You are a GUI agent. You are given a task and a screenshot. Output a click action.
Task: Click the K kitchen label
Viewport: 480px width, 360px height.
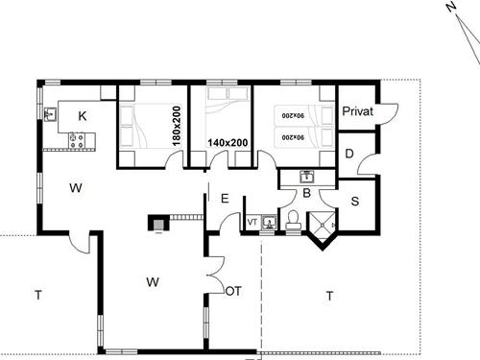pos(83,116)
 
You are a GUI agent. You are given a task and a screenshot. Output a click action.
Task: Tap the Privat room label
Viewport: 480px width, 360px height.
pos(358,112)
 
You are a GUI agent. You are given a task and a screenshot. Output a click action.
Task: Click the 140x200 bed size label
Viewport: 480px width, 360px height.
pos(228,143)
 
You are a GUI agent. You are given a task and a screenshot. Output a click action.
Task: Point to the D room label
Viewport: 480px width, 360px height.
pos(349,154)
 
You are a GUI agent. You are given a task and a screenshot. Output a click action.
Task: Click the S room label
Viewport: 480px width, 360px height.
pos(354,202)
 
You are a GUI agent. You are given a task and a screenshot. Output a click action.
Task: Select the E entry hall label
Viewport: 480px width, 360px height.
pos(224,199)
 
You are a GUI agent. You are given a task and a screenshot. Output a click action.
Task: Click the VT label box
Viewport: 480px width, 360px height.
pos(252,223)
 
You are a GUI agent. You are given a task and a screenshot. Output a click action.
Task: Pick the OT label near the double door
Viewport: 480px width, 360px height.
pos(232,289)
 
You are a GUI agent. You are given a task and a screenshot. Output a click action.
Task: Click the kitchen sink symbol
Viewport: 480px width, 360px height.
pos(50,115)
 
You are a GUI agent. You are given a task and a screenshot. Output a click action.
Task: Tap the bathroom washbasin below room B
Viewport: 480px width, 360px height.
pos(306,178)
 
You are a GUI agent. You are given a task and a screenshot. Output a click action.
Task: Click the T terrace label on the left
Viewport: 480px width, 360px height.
pos(37,295)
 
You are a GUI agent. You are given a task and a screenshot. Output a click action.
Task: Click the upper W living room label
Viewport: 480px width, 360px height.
pos(74,188)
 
